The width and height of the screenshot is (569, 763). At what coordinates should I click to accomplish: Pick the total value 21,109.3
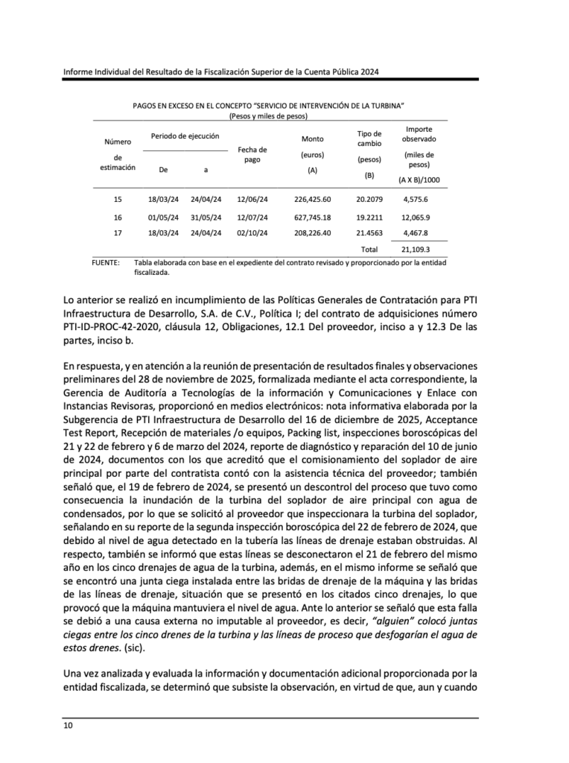[x=416, y=250]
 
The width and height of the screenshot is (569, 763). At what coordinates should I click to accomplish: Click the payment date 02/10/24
[x=252, y=233]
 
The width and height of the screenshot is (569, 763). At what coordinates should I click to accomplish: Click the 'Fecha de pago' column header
[x=252, y=155]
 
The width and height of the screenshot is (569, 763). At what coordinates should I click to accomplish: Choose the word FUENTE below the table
[x=106, y=263]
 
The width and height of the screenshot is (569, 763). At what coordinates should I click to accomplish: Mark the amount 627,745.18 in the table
[x=312, y=218]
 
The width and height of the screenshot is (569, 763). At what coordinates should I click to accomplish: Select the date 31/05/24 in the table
[x=206, y=218]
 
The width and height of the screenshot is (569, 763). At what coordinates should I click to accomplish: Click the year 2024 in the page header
[x=369, y=72]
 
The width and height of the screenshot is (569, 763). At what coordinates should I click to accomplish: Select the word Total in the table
[x=369, y=250]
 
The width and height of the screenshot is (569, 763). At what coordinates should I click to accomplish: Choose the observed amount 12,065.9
[x=416, y=218]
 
